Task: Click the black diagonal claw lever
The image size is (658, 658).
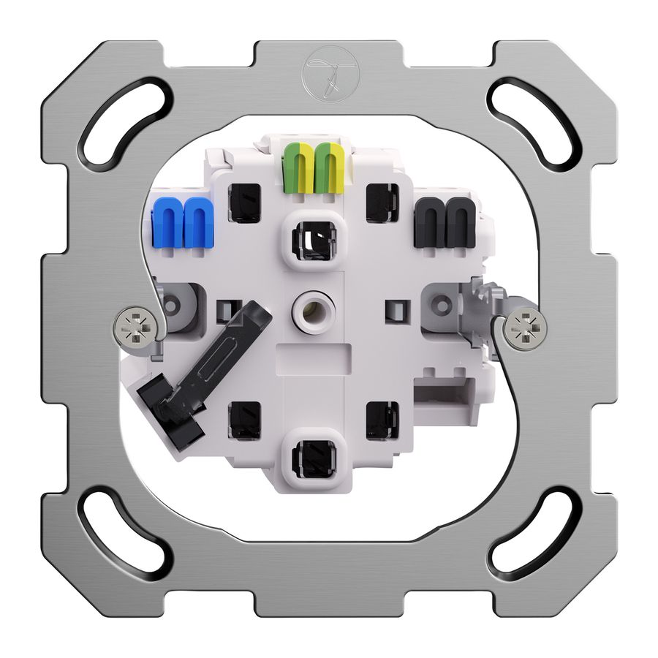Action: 205,373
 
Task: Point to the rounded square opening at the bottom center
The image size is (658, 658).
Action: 313,458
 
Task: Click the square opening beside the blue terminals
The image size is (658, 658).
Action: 244,201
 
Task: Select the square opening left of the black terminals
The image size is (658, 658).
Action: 381,201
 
